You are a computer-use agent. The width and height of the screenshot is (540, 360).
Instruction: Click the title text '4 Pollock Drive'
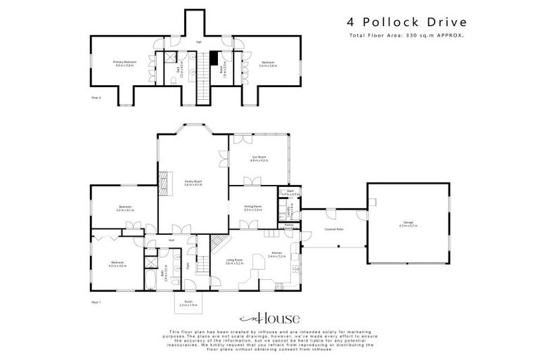pyautogui.click(x=397, y=22)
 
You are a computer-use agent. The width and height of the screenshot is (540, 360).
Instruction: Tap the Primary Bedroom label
pyautogui.click(x=124, y=63)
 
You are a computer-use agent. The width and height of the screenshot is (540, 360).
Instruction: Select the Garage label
pyautogui.click(x=408, y=224)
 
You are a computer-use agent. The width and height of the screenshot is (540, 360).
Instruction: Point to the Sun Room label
pyautogui.click(x=259, y=159)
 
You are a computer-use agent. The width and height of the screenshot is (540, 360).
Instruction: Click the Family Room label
pyautogui.click(x=193, y=183)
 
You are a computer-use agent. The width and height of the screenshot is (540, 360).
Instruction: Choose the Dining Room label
pyautogui.click(x=252, y=209)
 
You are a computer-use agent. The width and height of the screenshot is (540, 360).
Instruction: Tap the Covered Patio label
pyautogui.click(x=333, y=229)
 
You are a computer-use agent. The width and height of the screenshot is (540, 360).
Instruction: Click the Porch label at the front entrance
pyautogui.click(x=188, y=303)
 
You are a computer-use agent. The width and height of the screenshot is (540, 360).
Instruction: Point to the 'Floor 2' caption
pyautogui.click(x=96, y=98)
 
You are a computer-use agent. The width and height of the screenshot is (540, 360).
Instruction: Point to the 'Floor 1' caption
pyautogui.click(x=96, y=301)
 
